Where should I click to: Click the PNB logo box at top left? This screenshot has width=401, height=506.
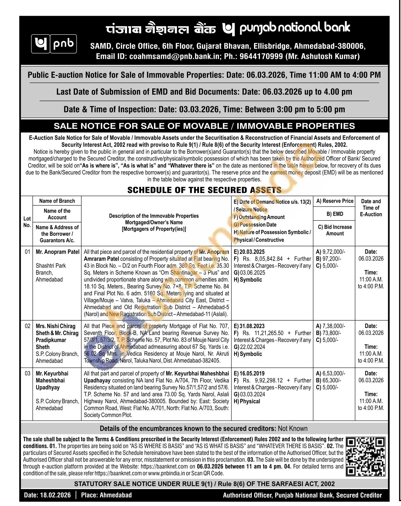54,44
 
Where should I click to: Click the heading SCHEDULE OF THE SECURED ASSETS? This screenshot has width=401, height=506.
204,190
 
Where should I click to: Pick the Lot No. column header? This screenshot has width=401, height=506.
27,222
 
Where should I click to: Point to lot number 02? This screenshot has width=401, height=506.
27,326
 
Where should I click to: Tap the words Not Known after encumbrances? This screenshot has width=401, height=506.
293,429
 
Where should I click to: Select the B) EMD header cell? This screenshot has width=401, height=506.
335,214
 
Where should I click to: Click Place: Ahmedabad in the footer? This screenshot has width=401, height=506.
106,495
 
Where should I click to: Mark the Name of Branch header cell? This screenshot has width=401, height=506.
57,201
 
